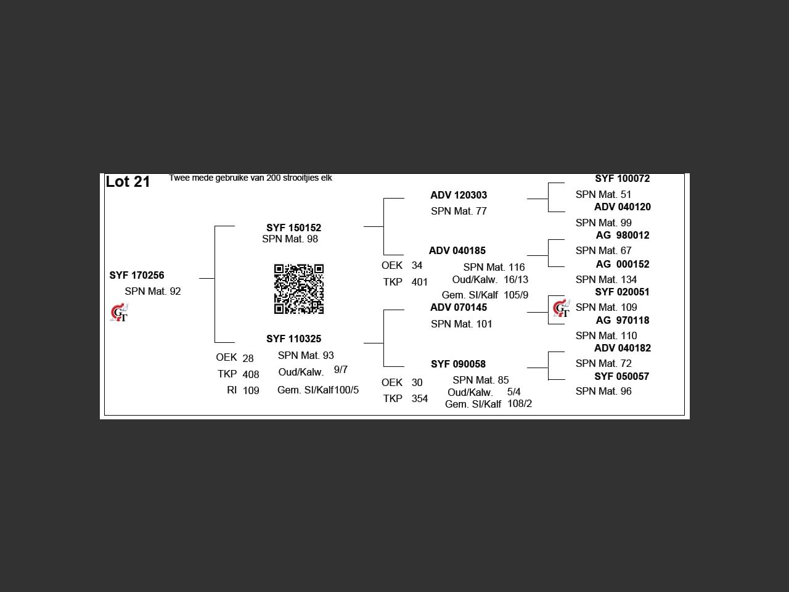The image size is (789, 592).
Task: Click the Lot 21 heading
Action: click(128, 182)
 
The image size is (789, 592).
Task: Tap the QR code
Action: click(299, 289)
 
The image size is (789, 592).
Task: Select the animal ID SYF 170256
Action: click(137, 275)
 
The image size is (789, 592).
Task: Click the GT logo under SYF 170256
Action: click(120, 313)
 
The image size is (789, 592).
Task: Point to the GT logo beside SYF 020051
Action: click(562, 308)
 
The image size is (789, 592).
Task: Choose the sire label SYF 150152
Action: click(293, 228)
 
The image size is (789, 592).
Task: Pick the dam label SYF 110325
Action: click(293, 339)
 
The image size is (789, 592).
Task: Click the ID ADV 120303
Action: click(459, 195)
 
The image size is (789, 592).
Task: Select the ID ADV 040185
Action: click(457, 250)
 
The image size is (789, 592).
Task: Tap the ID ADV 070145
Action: click(459, 307)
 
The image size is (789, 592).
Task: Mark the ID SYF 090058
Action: click(459, 364)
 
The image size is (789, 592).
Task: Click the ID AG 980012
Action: click(623, 236)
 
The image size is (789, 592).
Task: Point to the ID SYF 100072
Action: click(622, 179)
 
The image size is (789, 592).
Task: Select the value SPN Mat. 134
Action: click(606, 279)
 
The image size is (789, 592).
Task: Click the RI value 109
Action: click(251, 391)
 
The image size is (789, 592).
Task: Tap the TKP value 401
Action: click(420, 282)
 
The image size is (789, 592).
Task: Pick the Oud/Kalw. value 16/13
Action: click(516, 279)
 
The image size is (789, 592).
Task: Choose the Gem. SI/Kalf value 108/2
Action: click(520, 404)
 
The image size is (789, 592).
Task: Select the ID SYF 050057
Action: click(621, 377)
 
